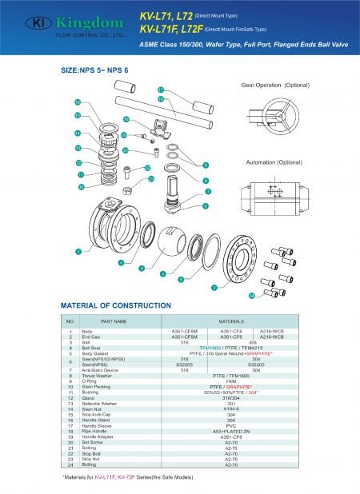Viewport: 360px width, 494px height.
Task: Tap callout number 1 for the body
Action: point(78,252)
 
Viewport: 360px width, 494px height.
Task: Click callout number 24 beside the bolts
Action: point(251,296)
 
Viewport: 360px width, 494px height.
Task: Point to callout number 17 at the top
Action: point(160,90)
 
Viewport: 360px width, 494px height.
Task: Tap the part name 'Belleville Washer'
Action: point(102,403)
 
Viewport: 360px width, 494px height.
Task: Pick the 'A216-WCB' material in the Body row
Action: point(273,331)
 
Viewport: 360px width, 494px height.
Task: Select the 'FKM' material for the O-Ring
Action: point(231,381)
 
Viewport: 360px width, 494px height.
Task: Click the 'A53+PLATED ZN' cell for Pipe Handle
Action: point(231,431)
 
